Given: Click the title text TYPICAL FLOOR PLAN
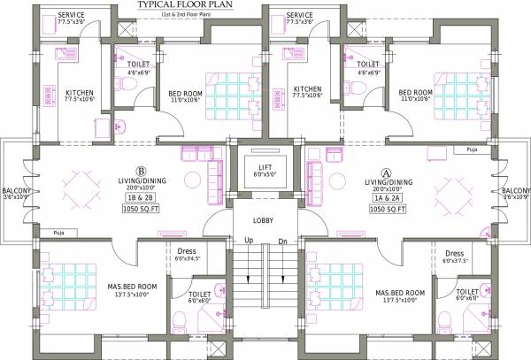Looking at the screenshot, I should point(187,5).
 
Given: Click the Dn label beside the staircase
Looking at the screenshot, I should point(283,241).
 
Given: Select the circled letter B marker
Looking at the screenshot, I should point(140,172).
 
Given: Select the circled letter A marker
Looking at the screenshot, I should point(385,173).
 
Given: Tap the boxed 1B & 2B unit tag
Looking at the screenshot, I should point(140,200).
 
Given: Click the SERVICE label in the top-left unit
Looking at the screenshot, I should point(71,15).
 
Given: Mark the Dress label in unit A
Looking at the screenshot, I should point(455,253).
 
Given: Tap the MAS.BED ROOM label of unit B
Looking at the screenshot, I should point(133,287).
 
